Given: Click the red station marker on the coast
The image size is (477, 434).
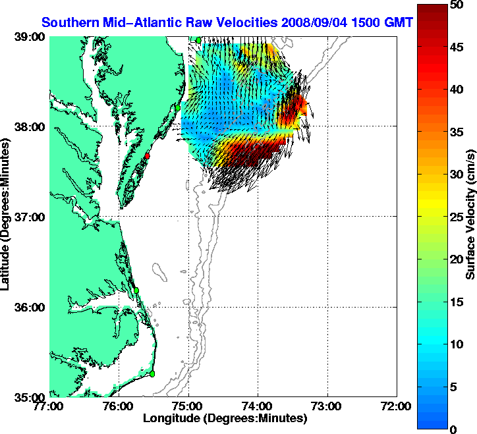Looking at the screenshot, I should point(148,156).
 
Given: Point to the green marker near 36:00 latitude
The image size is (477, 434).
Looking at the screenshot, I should point(136,290).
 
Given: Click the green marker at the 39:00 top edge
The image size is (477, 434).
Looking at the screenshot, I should point(198,40).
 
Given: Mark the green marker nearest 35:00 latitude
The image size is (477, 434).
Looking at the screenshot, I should point(152,373).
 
